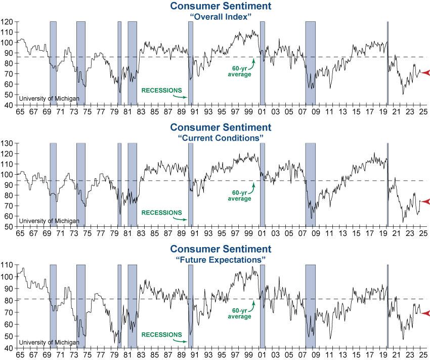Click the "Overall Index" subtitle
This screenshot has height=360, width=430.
click(220, 16)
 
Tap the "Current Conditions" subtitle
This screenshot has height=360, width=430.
click(220, 138)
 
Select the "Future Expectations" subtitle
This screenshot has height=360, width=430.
click(220, 259)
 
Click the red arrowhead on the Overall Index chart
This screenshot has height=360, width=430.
click(425, 73)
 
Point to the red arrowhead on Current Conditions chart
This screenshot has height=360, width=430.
click(425, 202)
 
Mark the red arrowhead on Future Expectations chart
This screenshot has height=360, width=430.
click(425, 313)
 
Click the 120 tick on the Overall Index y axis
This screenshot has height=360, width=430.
click(7, 22)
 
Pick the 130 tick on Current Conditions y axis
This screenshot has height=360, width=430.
click(7, 144)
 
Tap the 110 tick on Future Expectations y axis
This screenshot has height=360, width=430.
click(7, 265)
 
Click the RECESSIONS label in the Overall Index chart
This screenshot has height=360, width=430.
click(161, 91)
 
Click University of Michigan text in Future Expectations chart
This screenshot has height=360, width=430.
click(49, 342)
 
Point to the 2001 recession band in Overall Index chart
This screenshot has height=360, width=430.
click(263, 63)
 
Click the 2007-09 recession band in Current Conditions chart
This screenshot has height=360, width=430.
click(310, 184)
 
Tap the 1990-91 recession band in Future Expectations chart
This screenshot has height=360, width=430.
click(191, 306)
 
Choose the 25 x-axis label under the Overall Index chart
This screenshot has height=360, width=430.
click(423, 111)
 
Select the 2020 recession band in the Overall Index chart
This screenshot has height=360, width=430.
click(388, 63)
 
